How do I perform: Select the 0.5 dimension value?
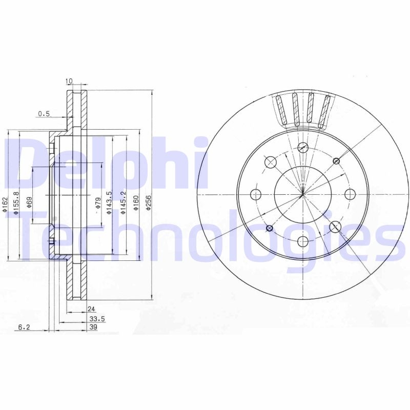(x=44, y=114)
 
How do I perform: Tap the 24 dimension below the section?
(x=91, y=309)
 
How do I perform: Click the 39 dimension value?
(x=93, y=327)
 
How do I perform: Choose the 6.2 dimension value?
(x=24, y=327)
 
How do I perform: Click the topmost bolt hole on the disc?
(x=303, y=148)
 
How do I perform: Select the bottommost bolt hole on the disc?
(x=303, y=241)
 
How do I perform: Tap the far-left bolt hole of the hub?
(x=256, y=194)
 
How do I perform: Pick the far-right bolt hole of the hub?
(x=350, y=194)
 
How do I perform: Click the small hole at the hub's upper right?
(x=336, y=161)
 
